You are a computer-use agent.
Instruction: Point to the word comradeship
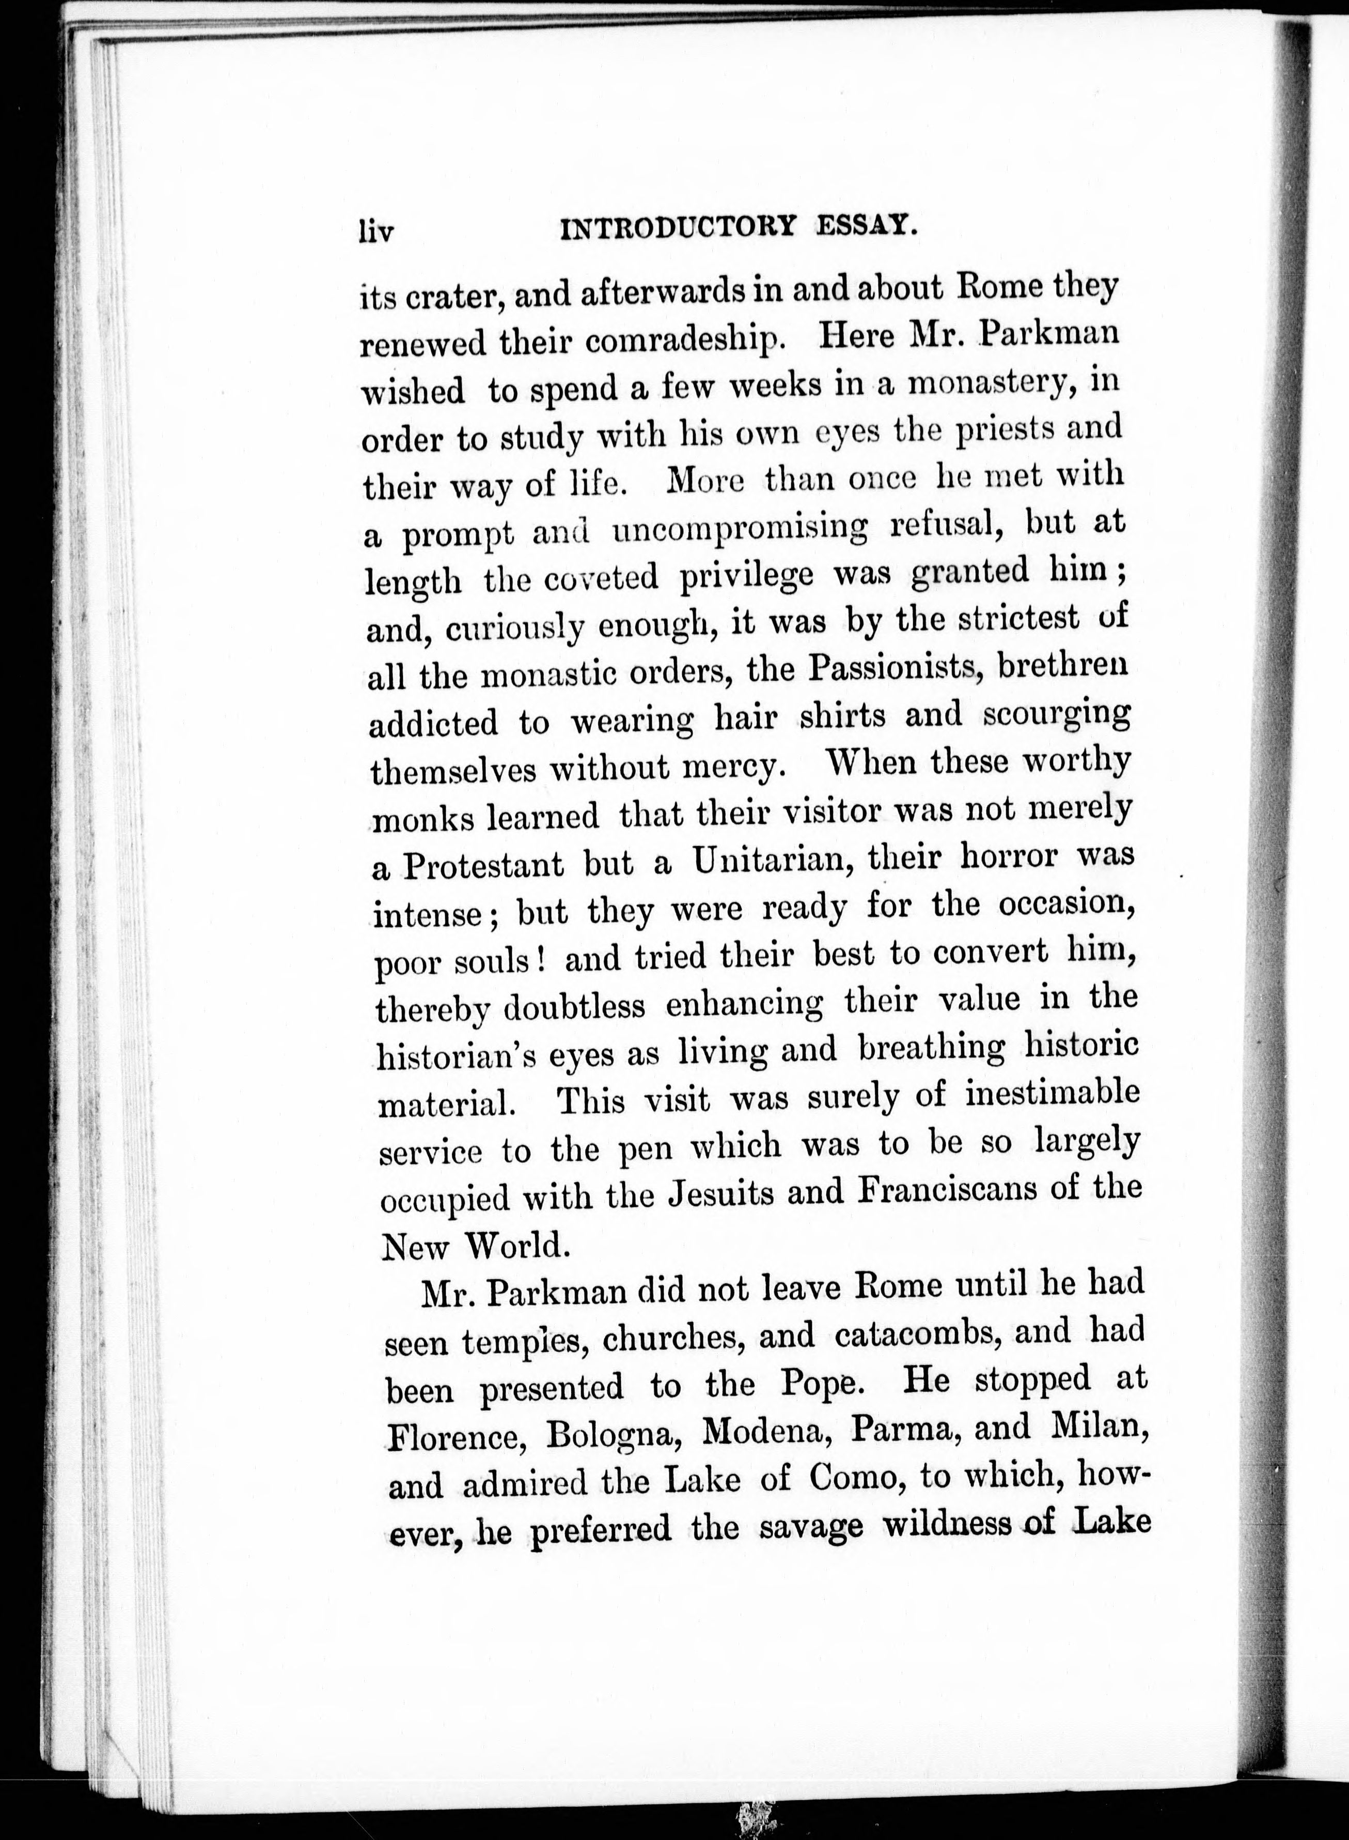(686, 342)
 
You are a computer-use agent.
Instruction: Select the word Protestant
(483, 865)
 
